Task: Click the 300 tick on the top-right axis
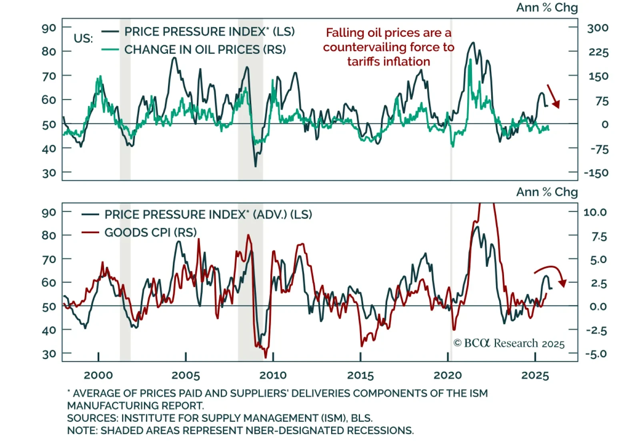click(x=598, y=28)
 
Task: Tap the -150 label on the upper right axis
click(x=596, y=173)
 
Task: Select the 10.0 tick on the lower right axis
click(x=595, y=212)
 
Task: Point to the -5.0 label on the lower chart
click(x=596, y=354)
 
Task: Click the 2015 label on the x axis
click(x=360, y=375)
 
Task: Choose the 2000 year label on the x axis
click(x=98, y=375)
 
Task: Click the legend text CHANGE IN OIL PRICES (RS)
click(x=205, y=50)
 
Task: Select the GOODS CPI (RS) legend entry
click(x=150, y=232)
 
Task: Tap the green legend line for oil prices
click(x=110, y=50)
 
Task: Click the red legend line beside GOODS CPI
click(x=90, y=232)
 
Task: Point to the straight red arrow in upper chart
click(x=553, y=96)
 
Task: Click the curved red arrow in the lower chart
click(x=552, y=272)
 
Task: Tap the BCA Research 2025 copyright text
click(x=509, y=343)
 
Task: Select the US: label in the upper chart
click(x=83, y=39)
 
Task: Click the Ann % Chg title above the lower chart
click(x=547, y=192)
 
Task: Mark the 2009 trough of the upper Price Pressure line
click(x=256, y=166)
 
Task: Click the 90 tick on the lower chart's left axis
click(x=49, y=212)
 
